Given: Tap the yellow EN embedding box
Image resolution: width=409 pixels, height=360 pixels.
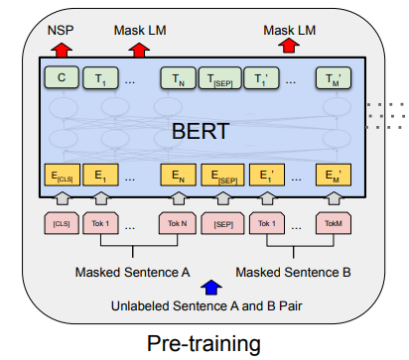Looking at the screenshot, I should tap(178, 177).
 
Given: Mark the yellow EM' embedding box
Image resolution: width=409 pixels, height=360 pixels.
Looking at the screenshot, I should tap(334, 177).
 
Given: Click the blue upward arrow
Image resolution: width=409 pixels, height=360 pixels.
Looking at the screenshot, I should tap(208, 287).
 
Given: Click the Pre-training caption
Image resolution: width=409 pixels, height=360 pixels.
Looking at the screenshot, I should tap(204, 343).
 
